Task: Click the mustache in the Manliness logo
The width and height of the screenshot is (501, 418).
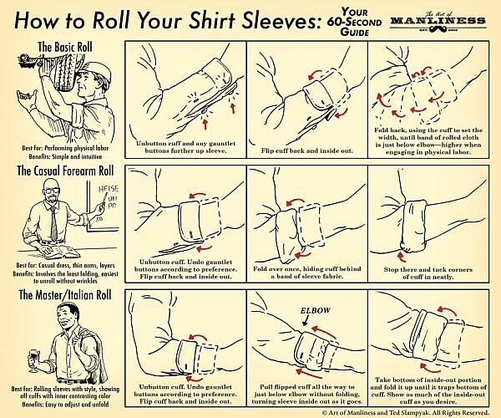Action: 438,29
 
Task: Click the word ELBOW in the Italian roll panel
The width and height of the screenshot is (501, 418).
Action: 316,310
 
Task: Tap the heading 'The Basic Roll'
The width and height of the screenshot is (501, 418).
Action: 65,47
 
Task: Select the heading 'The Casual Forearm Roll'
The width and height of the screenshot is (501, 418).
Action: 65,171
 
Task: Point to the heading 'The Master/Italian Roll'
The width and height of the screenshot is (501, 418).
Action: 65,294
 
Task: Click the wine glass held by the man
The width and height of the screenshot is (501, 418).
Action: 34,360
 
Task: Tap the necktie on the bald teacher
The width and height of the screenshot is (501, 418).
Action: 53,223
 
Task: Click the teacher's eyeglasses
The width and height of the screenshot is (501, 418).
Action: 52,191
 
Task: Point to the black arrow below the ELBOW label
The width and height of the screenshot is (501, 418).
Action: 306,320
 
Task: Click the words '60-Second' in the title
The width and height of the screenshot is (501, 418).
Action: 354,22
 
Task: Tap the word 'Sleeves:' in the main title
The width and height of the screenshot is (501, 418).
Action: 281,20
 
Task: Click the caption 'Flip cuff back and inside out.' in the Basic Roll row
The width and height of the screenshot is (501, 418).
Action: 307,150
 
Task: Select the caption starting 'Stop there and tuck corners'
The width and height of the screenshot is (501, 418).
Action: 428,273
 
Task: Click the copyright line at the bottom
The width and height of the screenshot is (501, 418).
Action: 405,412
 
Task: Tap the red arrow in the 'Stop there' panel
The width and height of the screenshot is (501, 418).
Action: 401,256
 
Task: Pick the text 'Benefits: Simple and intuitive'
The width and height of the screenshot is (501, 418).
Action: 65,156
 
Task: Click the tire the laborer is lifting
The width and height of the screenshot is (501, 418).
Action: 65,71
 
